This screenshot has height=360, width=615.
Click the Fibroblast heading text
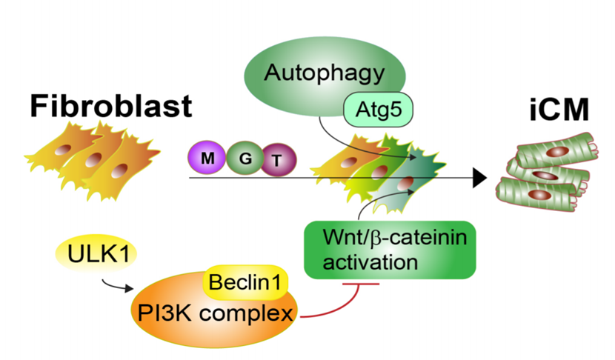click(x=111, y=106)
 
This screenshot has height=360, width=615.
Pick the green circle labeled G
click(x=244, y=158)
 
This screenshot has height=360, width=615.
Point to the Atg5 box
click(x=379, y=113)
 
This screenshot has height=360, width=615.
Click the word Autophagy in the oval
click(x=325, y=73)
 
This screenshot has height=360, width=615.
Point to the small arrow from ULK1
click(x=116, y=284)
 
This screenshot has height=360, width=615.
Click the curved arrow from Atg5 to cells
click(x=341, y=144)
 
